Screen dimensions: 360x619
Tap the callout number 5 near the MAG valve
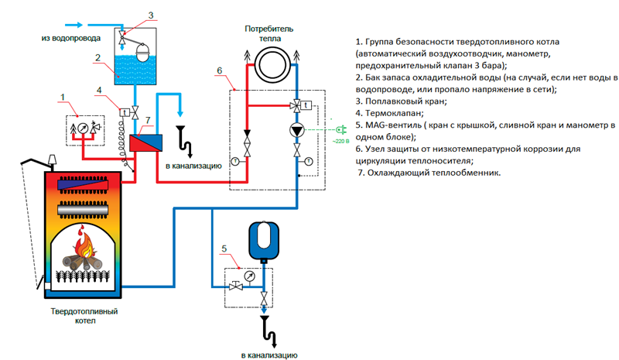point(224,249)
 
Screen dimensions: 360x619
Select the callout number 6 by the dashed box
point(219,71)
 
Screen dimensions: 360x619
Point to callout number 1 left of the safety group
point(63,96)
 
